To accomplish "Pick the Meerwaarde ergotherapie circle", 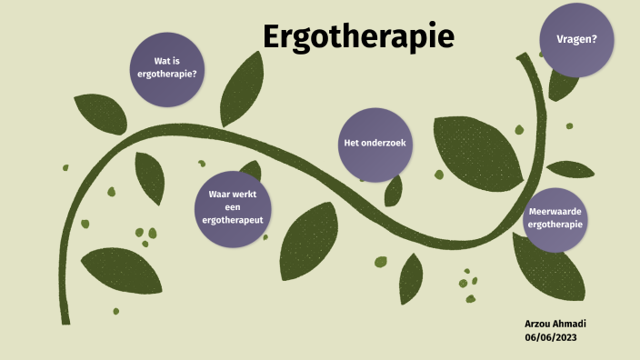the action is (x=555, y=218).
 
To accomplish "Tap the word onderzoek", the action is (x=387, y=145).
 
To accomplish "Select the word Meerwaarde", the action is (x=555, y=212).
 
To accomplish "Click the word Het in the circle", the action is (x=351, y=145).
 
